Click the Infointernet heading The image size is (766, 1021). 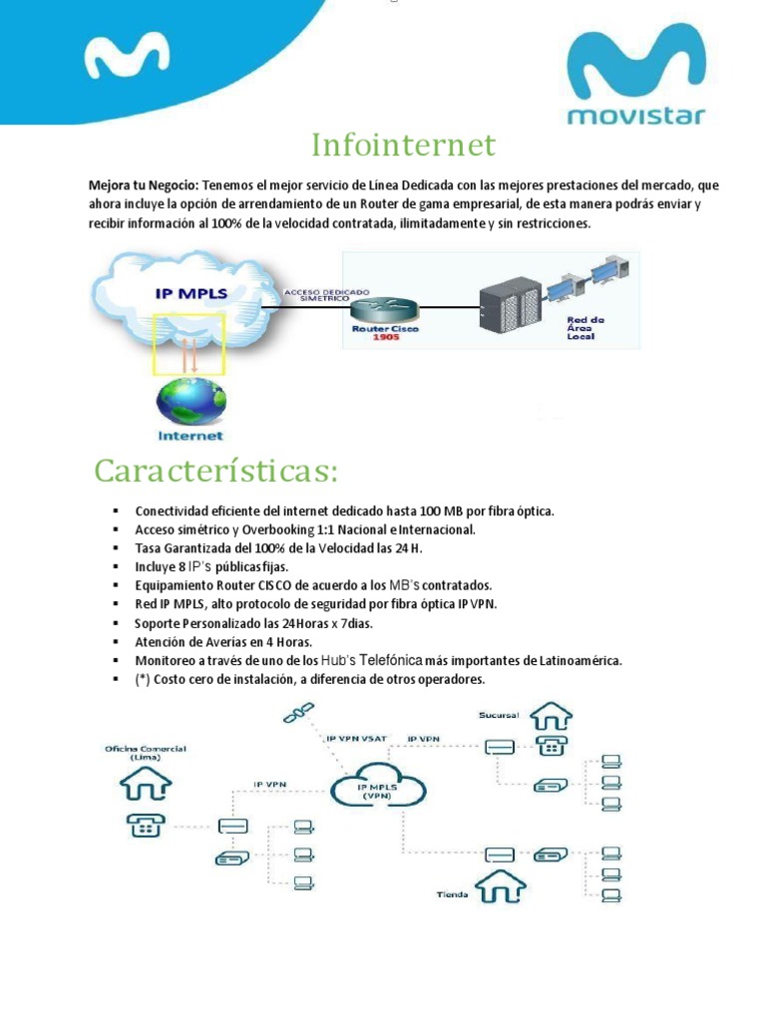pos(403,146)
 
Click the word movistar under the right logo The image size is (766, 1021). pos(635,117)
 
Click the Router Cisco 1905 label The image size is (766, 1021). pos(385,332)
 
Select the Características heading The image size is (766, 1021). pos(216,470)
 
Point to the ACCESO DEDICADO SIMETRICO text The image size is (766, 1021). pos(326,295)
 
